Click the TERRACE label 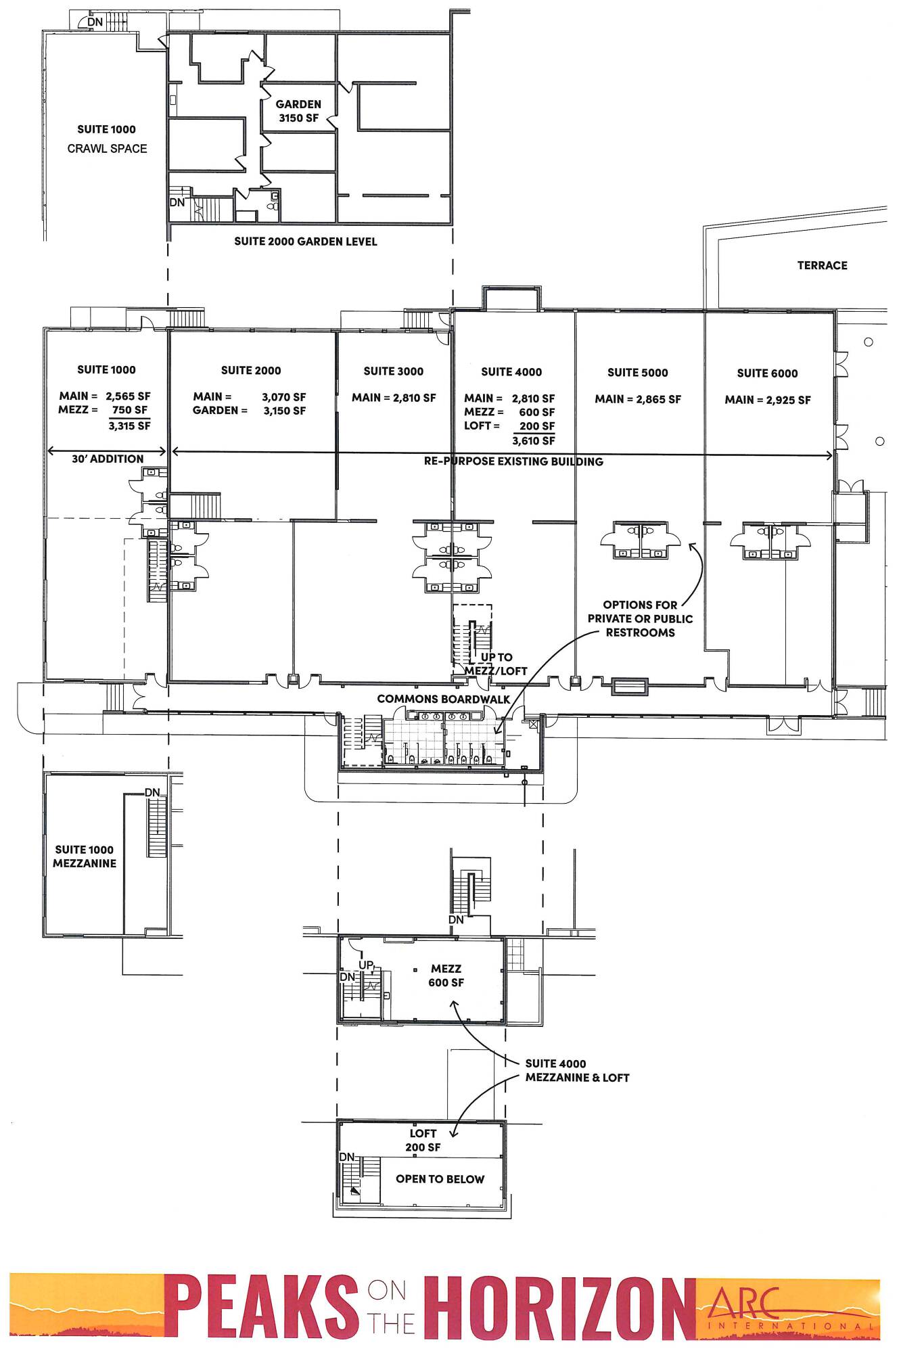click(822, 265)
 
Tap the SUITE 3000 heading click(394, 371)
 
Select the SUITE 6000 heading click(767, 373)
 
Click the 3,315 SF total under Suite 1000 click(129, 426)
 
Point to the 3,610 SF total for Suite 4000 click(534, 441)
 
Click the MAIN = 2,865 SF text click(638, 399)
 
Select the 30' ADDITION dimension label click(108, 459)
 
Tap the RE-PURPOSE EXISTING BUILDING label click(513, 461)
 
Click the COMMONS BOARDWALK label click(444, 699)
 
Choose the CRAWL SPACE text click(107, 148)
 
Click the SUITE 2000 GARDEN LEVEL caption click(306, 242)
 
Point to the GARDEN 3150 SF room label click(298, 111)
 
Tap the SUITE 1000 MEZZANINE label click(85, 856)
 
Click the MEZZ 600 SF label click(446, 976)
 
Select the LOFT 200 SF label click(423, 1140)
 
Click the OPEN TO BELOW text click(440, 1179)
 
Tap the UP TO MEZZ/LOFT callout click(496, 664)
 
